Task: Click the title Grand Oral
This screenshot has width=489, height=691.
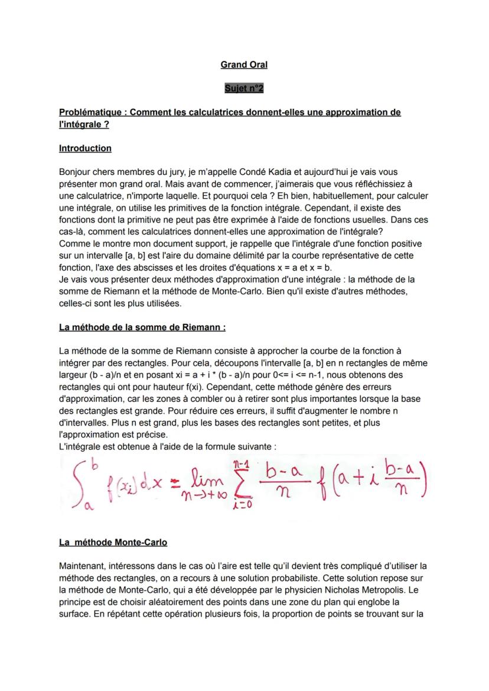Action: pyautogui.click(x=244, y=64)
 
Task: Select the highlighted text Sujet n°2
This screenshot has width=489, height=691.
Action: pyautogui.click(x=244, y=88)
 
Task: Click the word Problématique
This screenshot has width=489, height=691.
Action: pyautogui.click(x=91, y=112)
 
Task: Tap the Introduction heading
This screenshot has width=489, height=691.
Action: pyautogui.click(x=85, y=148)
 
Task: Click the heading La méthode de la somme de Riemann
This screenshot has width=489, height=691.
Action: pyautogui.click(x=142, y=327)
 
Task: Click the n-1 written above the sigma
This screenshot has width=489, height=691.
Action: pyautogui.click(x=240, y=463)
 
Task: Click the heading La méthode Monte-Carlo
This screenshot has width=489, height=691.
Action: pyautogui.click(x=113, y=542)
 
